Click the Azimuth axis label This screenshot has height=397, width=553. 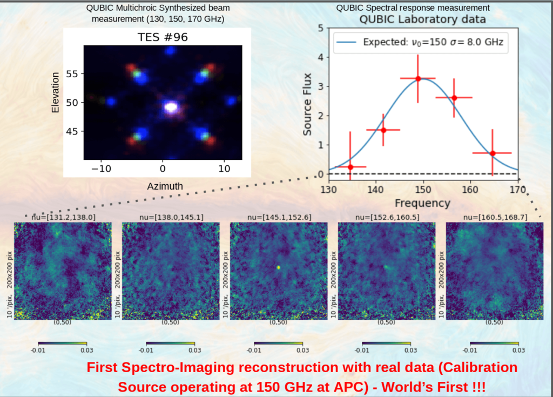click(x=165, y=186)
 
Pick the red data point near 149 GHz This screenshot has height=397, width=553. click(x=418, y=78)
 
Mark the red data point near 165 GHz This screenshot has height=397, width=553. click(x=493, y=153)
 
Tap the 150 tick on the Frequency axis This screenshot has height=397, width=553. click(x=423, y=190)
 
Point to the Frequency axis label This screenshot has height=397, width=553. click(x=422, y=203)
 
